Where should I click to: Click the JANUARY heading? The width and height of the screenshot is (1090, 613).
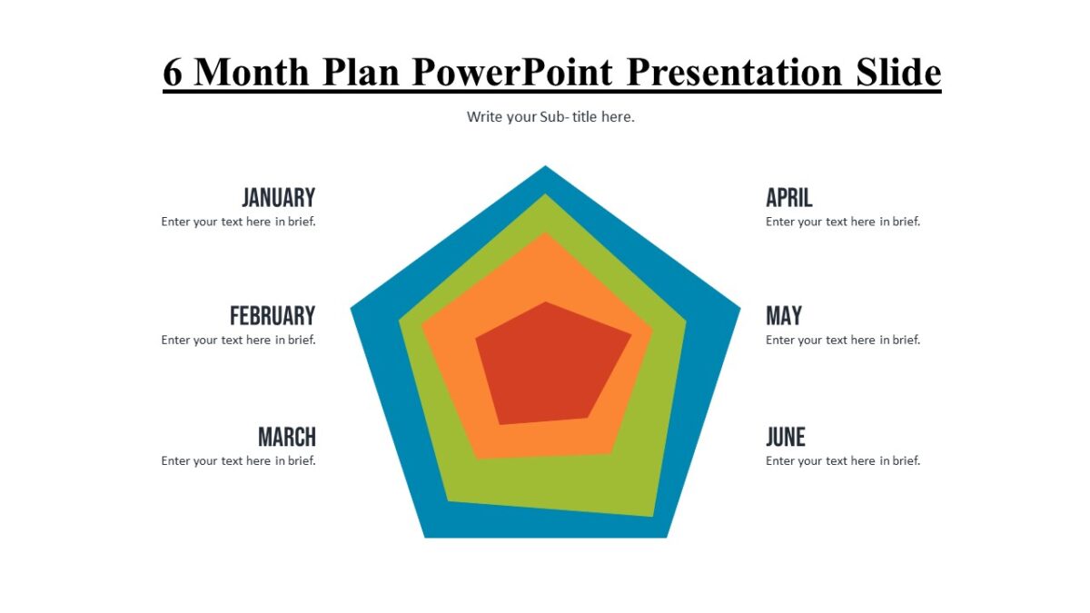tap(278, 198)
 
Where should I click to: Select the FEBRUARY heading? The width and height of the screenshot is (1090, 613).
tap(272, 316)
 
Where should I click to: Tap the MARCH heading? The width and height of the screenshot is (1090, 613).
tap(287, 437)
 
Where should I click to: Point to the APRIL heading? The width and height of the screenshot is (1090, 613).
tap(788, 198)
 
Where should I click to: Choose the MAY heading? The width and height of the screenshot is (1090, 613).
tap(784, 316)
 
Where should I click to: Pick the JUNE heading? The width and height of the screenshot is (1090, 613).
tap(786, 437)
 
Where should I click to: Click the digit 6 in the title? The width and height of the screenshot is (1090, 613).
tap(173, 73)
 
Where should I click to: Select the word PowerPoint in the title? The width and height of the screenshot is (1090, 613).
tap(513, 72)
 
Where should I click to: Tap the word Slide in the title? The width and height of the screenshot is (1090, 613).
tap(898, 72)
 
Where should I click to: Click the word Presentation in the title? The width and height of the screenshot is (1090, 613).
tap(734, 72)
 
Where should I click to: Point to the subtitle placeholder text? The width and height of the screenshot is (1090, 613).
tap(550, 117)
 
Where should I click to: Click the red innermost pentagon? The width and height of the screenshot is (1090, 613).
tap(552, 365)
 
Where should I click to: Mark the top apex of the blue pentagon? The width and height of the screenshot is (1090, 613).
tap(545, 166)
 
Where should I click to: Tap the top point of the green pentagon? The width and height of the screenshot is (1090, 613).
tap(545, 194)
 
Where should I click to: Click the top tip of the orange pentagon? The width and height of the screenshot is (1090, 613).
tap(545, 233)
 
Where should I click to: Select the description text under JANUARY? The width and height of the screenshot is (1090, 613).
tap(238, 222)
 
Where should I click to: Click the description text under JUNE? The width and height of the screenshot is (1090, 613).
tap(843, 460)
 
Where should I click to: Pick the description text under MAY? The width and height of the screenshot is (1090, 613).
tap(843, 340)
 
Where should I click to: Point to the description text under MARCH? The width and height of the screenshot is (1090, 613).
tap(238, 460)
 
